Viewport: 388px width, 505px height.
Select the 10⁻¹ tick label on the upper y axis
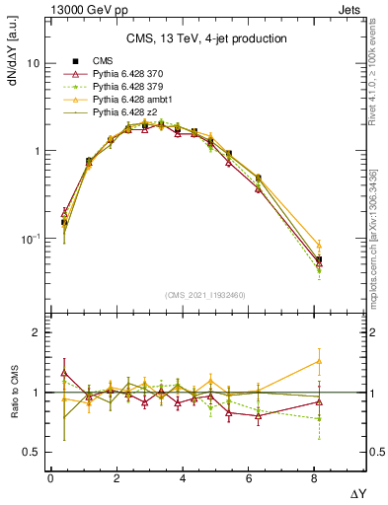(x=30, y=239)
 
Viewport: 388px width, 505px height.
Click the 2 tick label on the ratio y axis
(x=36, y=332)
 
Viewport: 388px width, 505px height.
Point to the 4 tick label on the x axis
(x=184, y=477)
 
